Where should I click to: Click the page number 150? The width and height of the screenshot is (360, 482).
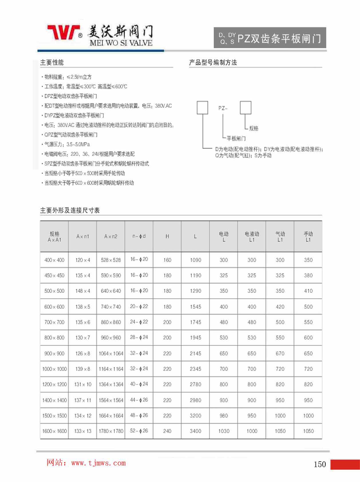point(320,464)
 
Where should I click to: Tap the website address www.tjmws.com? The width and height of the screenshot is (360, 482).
point(98,463)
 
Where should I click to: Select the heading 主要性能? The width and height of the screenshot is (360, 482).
point(52,62)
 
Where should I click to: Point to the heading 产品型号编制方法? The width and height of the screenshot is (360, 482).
point(213,62)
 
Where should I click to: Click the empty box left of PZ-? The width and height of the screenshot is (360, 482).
point(202,108)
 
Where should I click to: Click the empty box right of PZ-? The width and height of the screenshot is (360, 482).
point(245,108)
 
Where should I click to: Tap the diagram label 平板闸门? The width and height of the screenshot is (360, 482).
point(236,139)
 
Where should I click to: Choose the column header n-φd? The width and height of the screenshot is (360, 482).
point(139,236)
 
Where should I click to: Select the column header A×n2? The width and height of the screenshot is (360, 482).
point(111,236)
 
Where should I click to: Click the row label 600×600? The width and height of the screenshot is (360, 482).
point(54,306)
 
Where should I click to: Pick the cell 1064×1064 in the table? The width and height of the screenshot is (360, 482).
point(111,353)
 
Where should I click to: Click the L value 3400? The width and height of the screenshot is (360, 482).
point(195,431)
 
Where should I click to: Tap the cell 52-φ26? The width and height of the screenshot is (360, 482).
point(139,431)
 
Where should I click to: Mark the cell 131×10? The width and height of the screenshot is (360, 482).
point(83,384)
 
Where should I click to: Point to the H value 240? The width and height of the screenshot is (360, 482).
point(167,431)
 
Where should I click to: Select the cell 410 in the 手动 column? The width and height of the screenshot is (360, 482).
point(308,291)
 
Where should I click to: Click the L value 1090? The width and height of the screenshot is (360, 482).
point(195,260)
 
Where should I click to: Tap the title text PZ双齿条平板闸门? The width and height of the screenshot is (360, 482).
point(279,38)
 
